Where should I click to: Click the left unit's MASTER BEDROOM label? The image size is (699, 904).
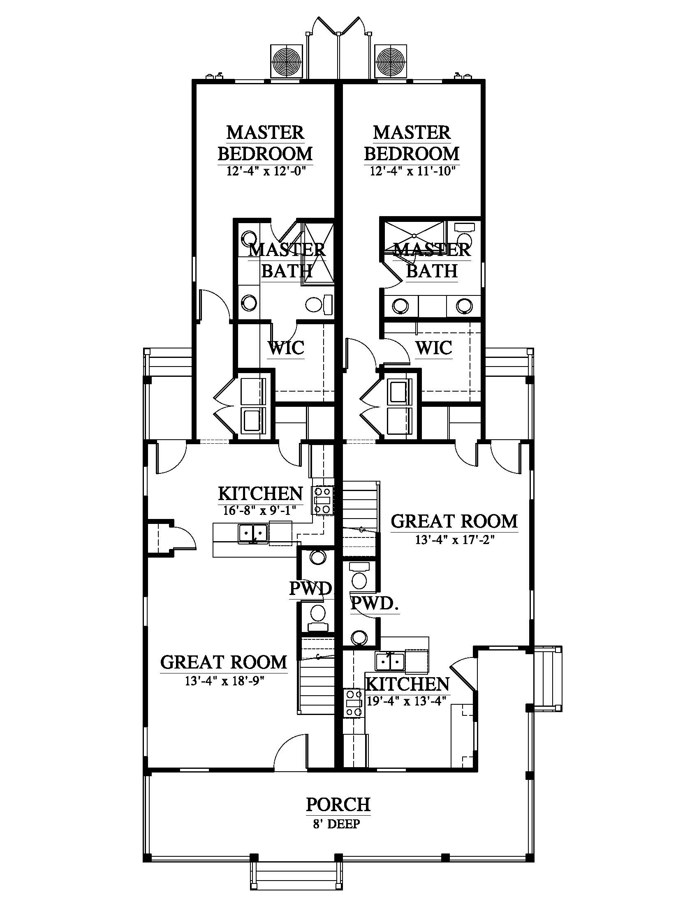(265, 143)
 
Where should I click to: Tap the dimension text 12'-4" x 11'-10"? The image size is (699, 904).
(412, 171)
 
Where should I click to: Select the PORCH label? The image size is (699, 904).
(338, 805)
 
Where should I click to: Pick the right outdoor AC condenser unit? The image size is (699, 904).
(391, 61)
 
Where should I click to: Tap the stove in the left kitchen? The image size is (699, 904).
(324, 501)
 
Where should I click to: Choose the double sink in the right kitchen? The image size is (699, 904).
(390, 662)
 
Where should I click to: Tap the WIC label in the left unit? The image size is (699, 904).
(286, 348)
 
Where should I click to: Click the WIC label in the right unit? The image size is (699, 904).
(433, 348)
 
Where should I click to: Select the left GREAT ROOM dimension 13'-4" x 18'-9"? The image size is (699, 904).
(225, 681)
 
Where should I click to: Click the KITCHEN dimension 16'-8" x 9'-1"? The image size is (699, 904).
(260, 510)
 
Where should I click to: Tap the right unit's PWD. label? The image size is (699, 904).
(374, 604)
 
